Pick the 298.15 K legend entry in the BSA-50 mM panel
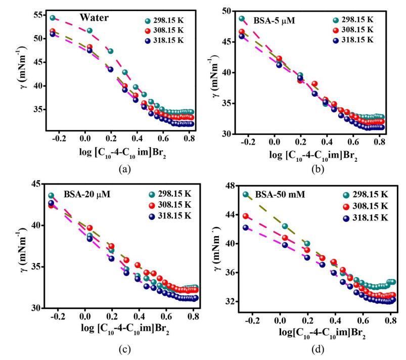[x=364, y=194]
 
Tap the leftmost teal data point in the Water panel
[x=53, y=18]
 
